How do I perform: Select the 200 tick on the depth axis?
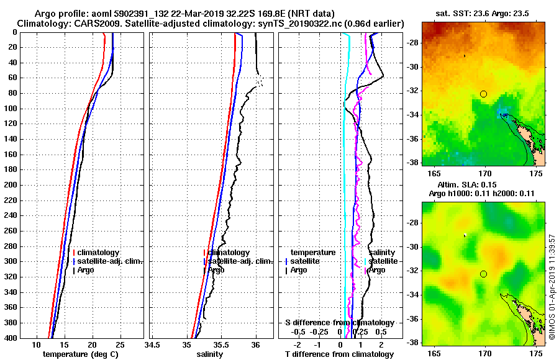tap(12, 185)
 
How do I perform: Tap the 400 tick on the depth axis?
tap(12, 338)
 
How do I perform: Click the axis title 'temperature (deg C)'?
tap(80, 354)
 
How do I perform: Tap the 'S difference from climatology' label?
tap(339, 323)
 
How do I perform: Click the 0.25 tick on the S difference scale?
tap(360, 331)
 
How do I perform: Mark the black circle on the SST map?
tap(483, 94)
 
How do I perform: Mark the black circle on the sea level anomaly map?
tap(483, 274)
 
